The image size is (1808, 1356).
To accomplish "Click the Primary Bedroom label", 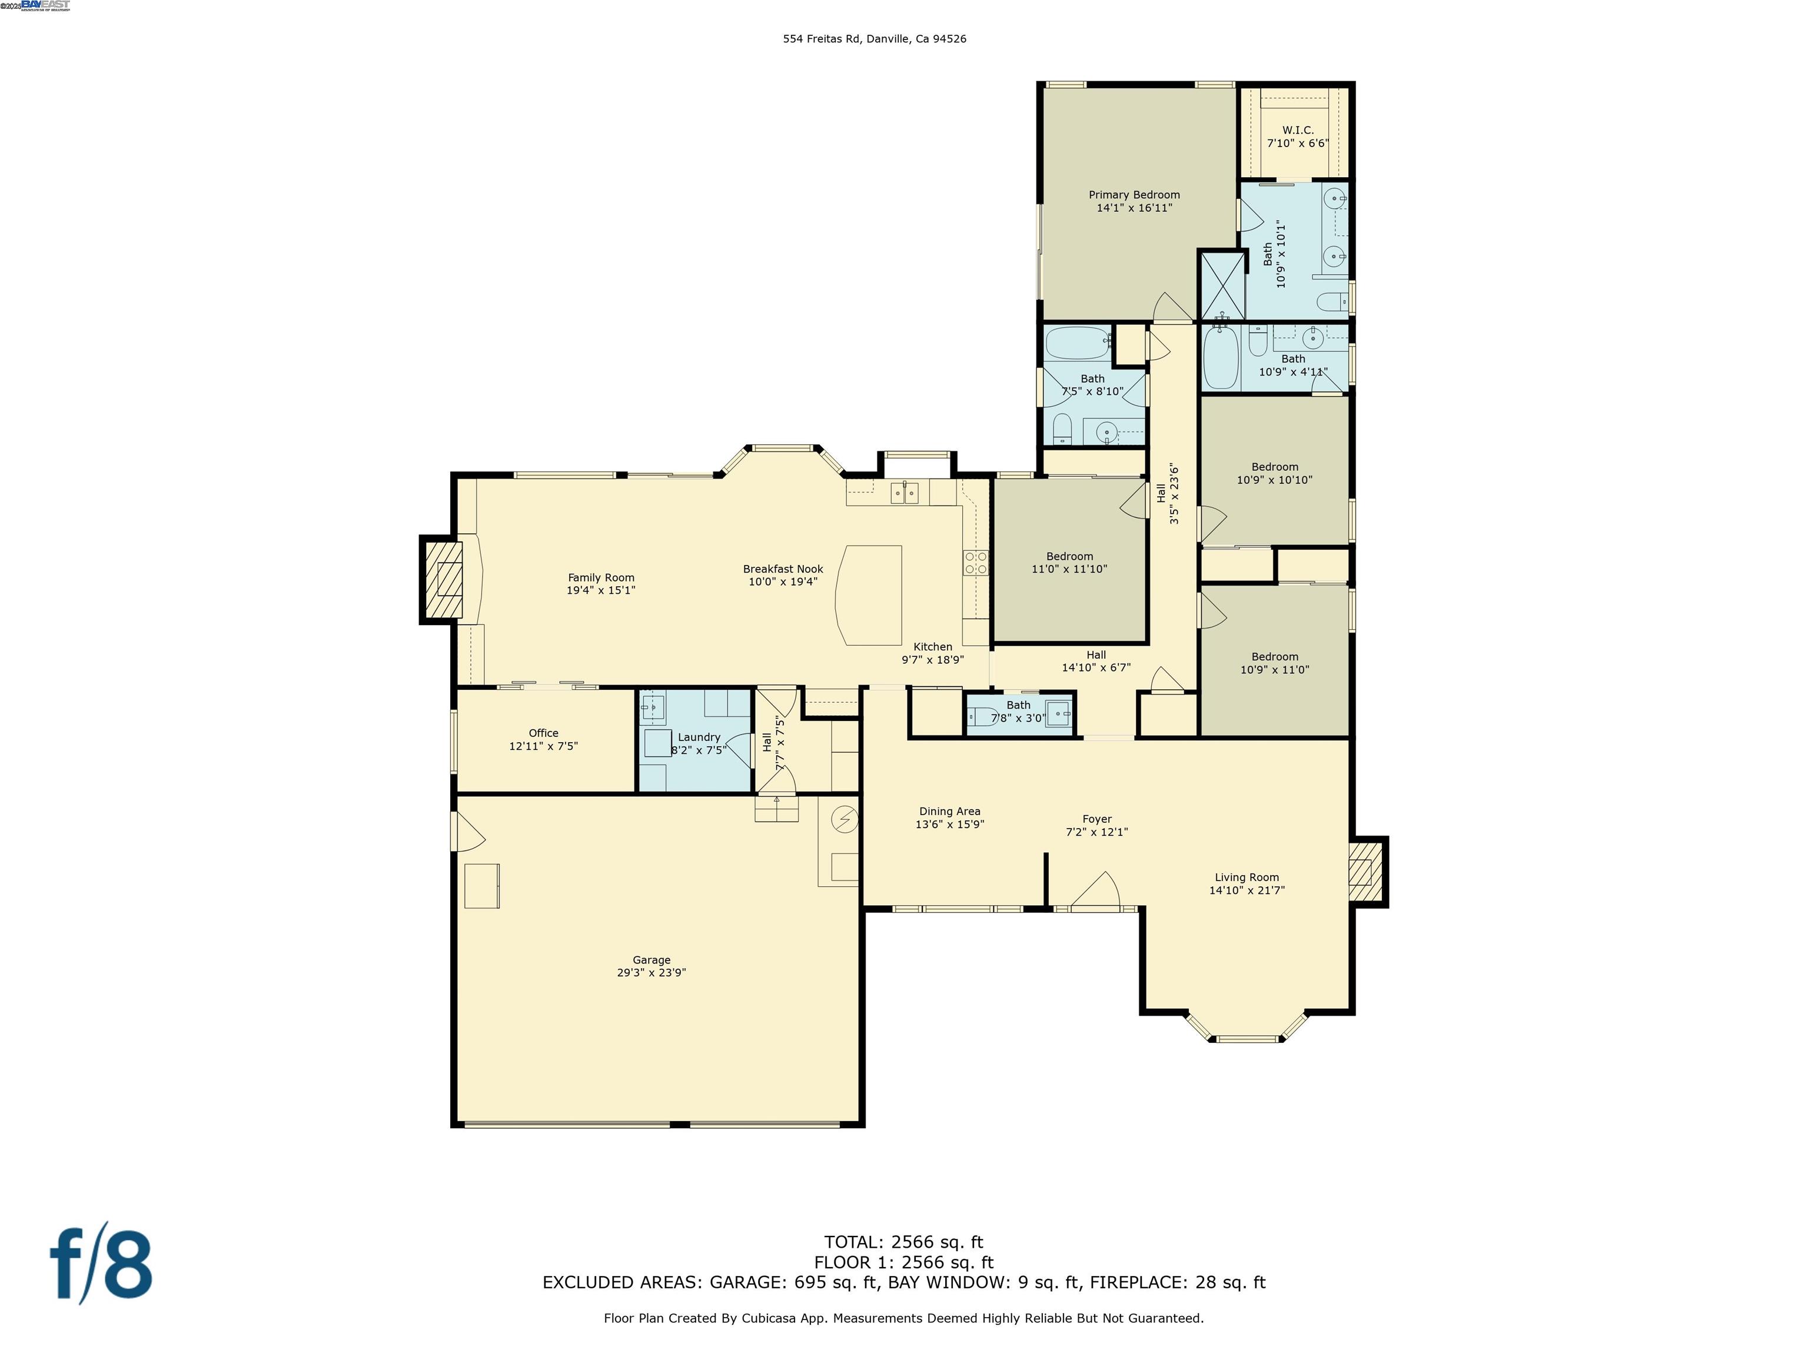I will pos(1134,195).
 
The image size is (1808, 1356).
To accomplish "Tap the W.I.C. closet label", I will pos(1297,130).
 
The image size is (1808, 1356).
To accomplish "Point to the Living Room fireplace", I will pos(1362,872).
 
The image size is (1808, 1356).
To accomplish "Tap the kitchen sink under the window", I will pos(904,493).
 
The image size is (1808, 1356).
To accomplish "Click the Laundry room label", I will pos(699,737).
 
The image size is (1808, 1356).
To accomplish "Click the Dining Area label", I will pos(949,812).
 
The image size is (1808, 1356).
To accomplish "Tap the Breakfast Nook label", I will pos(782,569).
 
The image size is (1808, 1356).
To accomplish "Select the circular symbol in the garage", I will pos(845,819).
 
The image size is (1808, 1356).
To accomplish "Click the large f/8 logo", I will pos(101,1266).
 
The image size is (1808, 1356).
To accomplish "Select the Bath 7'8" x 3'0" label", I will pos(1018,706).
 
